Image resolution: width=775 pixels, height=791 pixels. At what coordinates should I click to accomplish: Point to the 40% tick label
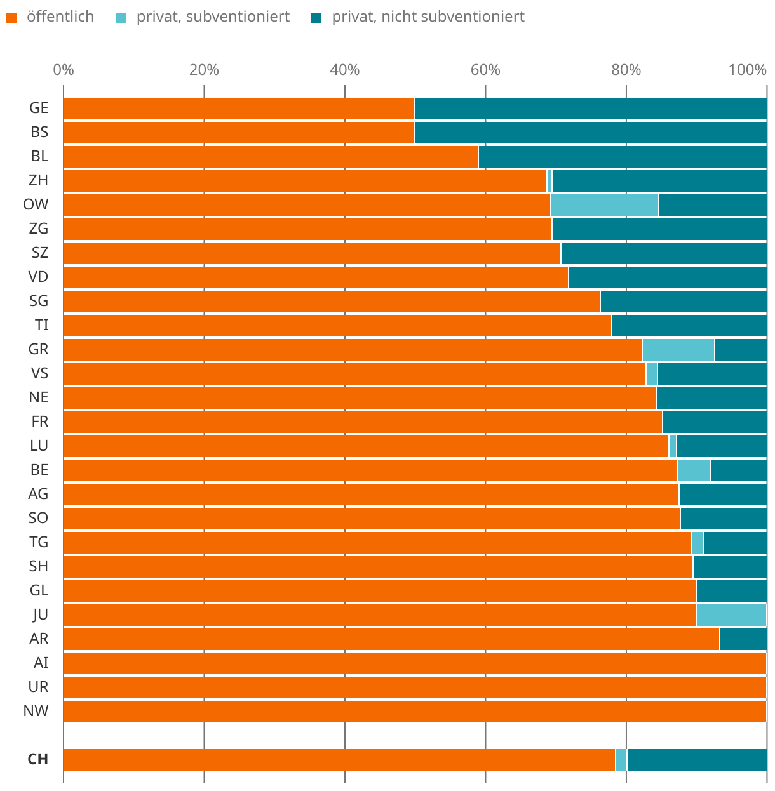pos(345,70)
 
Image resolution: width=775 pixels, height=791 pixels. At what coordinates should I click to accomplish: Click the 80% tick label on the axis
pos(626,70)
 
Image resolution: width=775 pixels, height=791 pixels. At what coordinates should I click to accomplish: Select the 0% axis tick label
pos(64,70)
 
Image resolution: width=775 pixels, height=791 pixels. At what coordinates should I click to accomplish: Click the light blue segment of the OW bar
pos(604,205)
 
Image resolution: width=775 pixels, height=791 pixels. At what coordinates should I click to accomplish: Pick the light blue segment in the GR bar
pos(678,350)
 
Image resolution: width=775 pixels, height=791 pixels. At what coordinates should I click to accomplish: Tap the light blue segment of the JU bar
pos(731,615)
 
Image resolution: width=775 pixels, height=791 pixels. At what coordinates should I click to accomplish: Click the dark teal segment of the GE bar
pos(591,109)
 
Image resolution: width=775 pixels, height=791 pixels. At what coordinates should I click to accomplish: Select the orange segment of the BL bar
pos(271,157)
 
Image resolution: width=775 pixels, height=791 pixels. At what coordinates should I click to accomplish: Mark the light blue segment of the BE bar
pos(694,470)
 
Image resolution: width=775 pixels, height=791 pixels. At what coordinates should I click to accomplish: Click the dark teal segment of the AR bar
pos(743,639)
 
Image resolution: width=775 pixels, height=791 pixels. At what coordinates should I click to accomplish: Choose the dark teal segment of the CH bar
pos(697,760)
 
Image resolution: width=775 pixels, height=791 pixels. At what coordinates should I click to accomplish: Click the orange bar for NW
pos(415,712)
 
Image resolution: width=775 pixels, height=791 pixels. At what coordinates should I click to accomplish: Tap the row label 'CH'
pos(38,760)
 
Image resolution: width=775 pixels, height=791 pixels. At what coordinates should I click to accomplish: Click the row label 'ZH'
pos(38,181)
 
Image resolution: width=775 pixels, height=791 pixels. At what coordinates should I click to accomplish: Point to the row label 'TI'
pos(41,326)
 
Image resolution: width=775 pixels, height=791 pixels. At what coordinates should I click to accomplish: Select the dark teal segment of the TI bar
pos(689,326)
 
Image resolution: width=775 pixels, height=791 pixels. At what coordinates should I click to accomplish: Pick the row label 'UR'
pos(38,688)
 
